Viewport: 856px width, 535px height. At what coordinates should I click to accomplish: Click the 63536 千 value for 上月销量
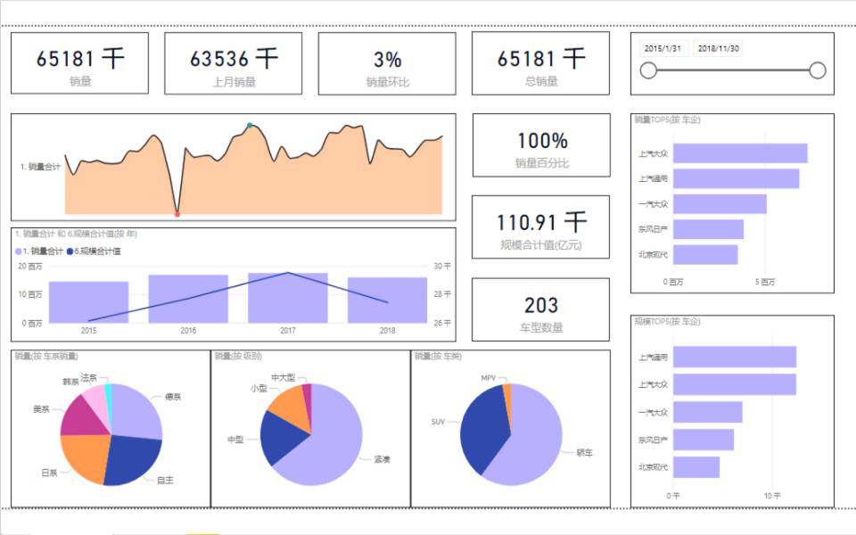pyautogui.click(x=234, y=59)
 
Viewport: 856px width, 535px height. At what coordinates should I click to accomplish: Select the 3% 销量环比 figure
pyautogui.click(x=387, y=60)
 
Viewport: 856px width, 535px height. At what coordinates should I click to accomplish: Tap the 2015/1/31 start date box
pyautogui.click(x=663, y=48)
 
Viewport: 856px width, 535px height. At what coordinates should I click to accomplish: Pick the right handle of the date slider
pyautogui.click(x=817, y=70)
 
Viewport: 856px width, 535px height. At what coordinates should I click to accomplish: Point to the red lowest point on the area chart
pyautogui.click(x=177, y=214)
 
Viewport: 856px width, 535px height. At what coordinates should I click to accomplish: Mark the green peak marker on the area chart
pyautogui.click(x=250, y=125)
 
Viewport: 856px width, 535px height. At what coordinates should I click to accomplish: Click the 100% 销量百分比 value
pyautogui.click(x=541, y=140)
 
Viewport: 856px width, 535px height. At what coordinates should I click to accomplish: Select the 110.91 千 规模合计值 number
pyautogui.click(x=541, y=222)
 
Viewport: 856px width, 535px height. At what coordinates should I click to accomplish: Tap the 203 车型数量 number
pyautogui.click(x=541, y=306)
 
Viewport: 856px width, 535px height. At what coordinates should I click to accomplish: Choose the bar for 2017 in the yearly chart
pyautogui.click(x=288, y=298)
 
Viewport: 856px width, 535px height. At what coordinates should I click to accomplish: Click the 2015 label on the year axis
pyautogui.click(x=88, y=330)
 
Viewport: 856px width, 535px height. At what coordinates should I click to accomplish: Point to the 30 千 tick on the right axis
pyautogui.click(x=442, y=267)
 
